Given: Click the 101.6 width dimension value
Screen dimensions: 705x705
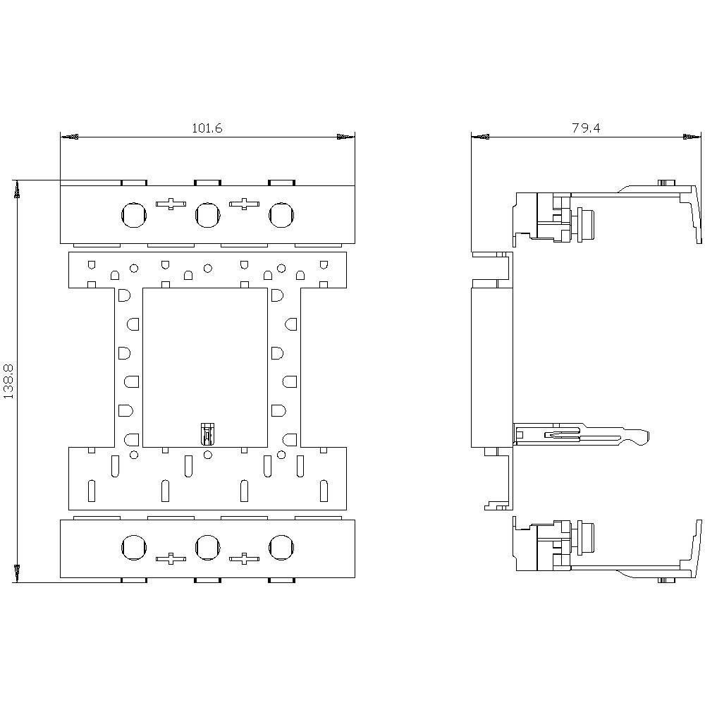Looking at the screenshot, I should (x=207, y=128).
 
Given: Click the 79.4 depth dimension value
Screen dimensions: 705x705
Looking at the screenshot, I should (x=586, y=128).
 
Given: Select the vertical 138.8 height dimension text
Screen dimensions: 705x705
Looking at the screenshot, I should (x=8, y=382).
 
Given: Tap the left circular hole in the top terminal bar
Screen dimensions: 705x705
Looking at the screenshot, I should (x=133, y=214).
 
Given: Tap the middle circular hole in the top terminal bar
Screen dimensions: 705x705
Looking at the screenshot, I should (x=207, y=214).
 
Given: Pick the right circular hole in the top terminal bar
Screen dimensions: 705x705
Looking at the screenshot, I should (x=281, y=214).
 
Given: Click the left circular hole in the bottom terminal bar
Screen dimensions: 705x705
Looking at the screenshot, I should (x=133, y=546).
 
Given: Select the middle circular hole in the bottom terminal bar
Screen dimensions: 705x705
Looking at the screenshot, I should (x=207, y=546).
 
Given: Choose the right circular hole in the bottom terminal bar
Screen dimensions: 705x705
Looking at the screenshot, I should (x=281, y=546).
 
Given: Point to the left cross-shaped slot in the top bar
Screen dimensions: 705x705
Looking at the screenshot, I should (x=169, y=204).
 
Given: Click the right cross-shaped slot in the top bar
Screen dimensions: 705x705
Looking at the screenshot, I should (x=244, y=204).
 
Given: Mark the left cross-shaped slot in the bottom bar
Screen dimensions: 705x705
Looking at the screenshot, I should (x=169, y=558).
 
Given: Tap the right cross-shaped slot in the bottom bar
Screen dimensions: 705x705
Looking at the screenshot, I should (x=244, y=558).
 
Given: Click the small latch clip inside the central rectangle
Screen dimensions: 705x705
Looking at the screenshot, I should (x=207, y=434).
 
